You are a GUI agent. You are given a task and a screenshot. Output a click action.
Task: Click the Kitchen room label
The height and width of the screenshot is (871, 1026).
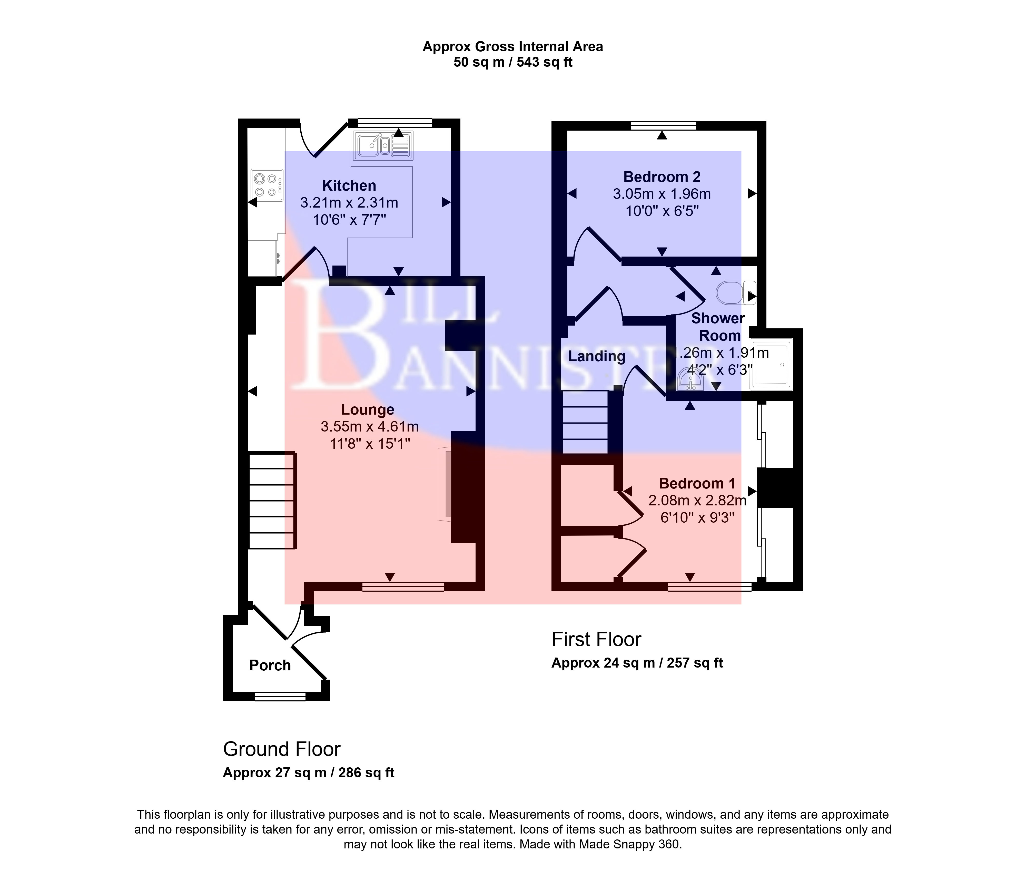coord(349,186)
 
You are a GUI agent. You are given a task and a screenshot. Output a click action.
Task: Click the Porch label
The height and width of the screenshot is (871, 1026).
coord(270,665)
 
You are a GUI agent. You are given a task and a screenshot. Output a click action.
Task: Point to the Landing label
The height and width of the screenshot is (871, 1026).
coord(596,356)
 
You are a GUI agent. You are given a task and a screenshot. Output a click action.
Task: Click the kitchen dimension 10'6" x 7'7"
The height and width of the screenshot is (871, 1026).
coord(349,220)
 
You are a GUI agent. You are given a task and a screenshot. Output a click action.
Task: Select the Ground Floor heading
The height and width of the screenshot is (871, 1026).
coord(282,749)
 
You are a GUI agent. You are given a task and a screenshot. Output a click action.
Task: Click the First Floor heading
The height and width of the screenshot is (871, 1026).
coord(596,639)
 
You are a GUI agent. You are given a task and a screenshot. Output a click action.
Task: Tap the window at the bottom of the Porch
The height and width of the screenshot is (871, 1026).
coord(280,697)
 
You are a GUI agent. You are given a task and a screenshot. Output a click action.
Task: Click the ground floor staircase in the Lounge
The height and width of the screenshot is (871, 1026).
coord(272,501)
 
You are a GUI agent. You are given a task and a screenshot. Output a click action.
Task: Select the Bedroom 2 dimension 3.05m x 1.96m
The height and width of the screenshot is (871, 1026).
coord(662,194)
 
